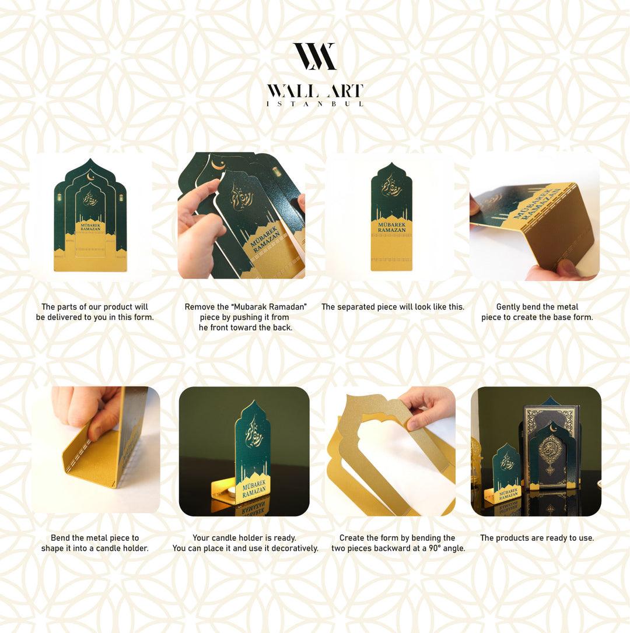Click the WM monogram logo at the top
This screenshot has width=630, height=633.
pyautogui.click(x=314, y=57)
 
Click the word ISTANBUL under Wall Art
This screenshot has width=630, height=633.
pyautogui.click(x=314, y=104)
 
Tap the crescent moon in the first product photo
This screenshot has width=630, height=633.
pyautogui.click(x=90, y=177)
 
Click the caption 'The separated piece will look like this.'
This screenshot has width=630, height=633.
pyautogui.click(x=393, y=307)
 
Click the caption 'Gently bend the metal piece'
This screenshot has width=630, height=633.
pyautogui.click(x=537, y=312)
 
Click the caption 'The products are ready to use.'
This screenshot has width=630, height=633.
pyautogui.click(x=537, y=538)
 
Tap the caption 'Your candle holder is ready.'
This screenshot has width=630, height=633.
pyautogui.click(x=244, y=538)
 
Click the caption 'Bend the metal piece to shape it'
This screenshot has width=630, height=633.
pyautogui.click(x=94, y=543)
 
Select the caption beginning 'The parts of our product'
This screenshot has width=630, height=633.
pyautogui.click(x=94, y=312)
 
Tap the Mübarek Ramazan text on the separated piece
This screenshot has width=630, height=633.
pyautogui.click(x=391, y=227)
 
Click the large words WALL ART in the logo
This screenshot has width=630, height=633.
pyautogui.click(x=314, y=91)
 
